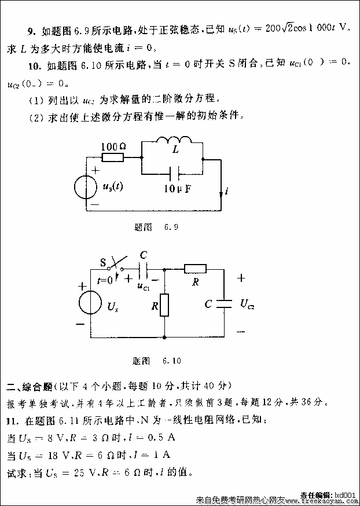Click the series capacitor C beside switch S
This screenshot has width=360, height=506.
pos(144,268)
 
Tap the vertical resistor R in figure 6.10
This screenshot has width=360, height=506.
pos(165,305)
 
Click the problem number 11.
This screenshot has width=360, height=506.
pos(13,419)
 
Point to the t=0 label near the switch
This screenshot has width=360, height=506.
pos(106,280)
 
